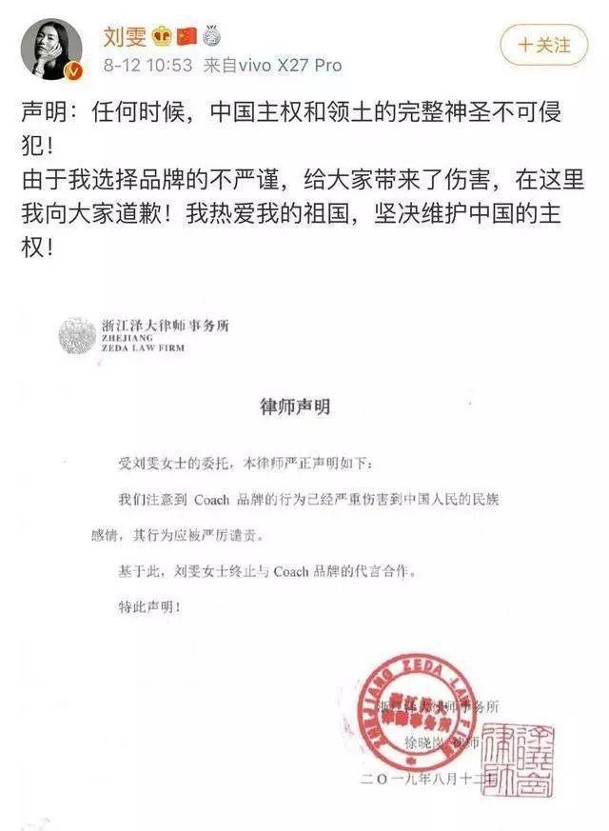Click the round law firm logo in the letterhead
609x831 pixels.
[77, 337]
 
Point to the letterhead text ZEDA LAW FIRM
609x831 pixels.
[142, 348]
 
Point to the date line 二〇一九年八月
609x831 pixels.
[419, 780]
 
